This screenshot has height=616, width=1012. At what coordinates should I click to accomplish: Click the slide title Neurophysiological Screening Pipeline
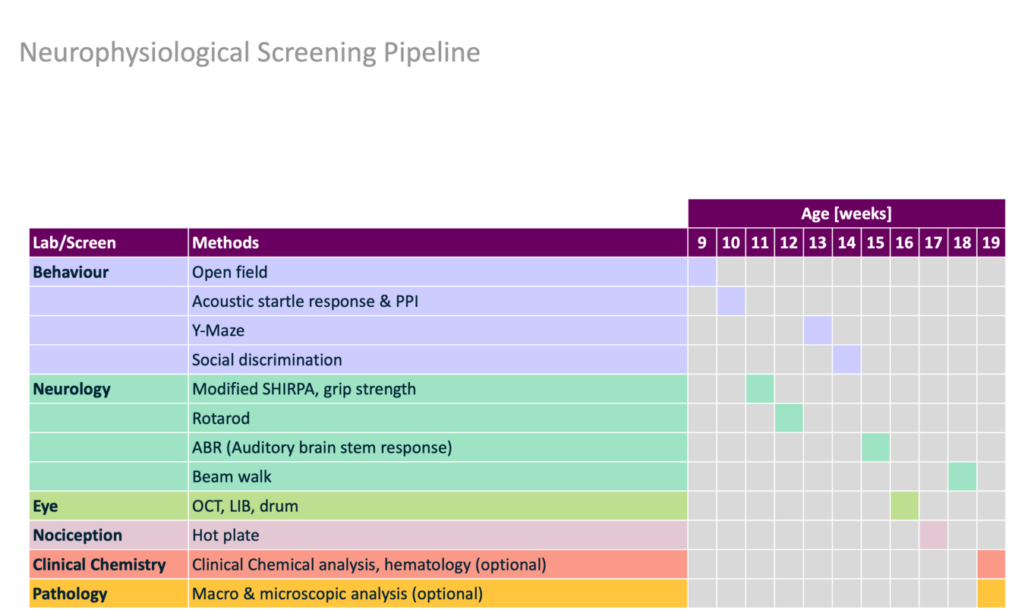tap(249, 53)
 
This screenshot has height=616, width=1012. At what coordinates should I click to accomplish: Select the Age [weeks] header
tap(846, 213)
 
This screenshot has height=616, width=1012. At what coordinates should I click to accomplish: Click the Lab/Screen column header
tap(74, 243)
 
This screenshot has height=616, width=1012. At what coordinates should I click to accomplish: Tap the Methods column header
tap(225, 243)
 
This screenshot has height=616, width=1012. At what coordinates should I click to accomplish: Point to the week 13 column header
tap(818, 243)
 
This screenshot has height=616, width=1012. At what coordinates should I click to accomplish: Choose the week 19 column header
tap(991, 243)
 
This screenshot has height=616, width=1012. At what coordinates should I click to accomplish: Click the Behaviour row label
tap(71, 272)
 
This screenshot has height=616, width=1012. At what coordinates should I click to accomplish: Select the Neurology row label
tap(71, 389)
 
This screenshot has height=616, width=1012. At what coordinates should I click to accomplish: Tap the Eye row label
tap(46, 506)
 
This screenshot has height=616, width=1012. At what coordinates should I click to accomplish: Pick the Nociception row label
tap(77, 535)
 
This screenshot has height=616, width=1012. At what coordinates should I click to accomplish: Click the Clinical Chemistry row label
tap(99, 564)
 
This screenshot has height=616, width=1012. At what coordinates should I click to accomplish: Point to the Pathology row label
tap(70, 594)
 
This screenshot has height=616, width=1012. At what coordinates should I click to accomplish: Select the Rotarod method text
tap(220, 418)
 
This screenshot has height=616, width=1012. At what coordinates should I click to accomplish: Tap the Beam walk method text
tap(232, 476)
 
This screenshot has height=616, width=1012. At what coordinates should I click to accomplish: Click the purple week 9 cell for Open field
tap(701, 272)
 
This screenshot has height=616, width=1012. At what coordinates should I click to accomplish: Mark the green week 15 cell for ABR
tap(875, 447)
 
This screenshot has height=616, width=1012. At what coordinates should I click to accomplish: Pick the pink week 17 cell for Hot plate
tap(933, 535)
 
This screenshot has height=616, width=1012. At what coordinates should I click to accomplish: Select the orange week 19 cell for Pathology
tap(991, 594)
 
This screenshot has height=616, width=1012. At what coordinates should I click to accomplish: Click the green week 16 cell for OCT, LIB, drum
tap(904, 506)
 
